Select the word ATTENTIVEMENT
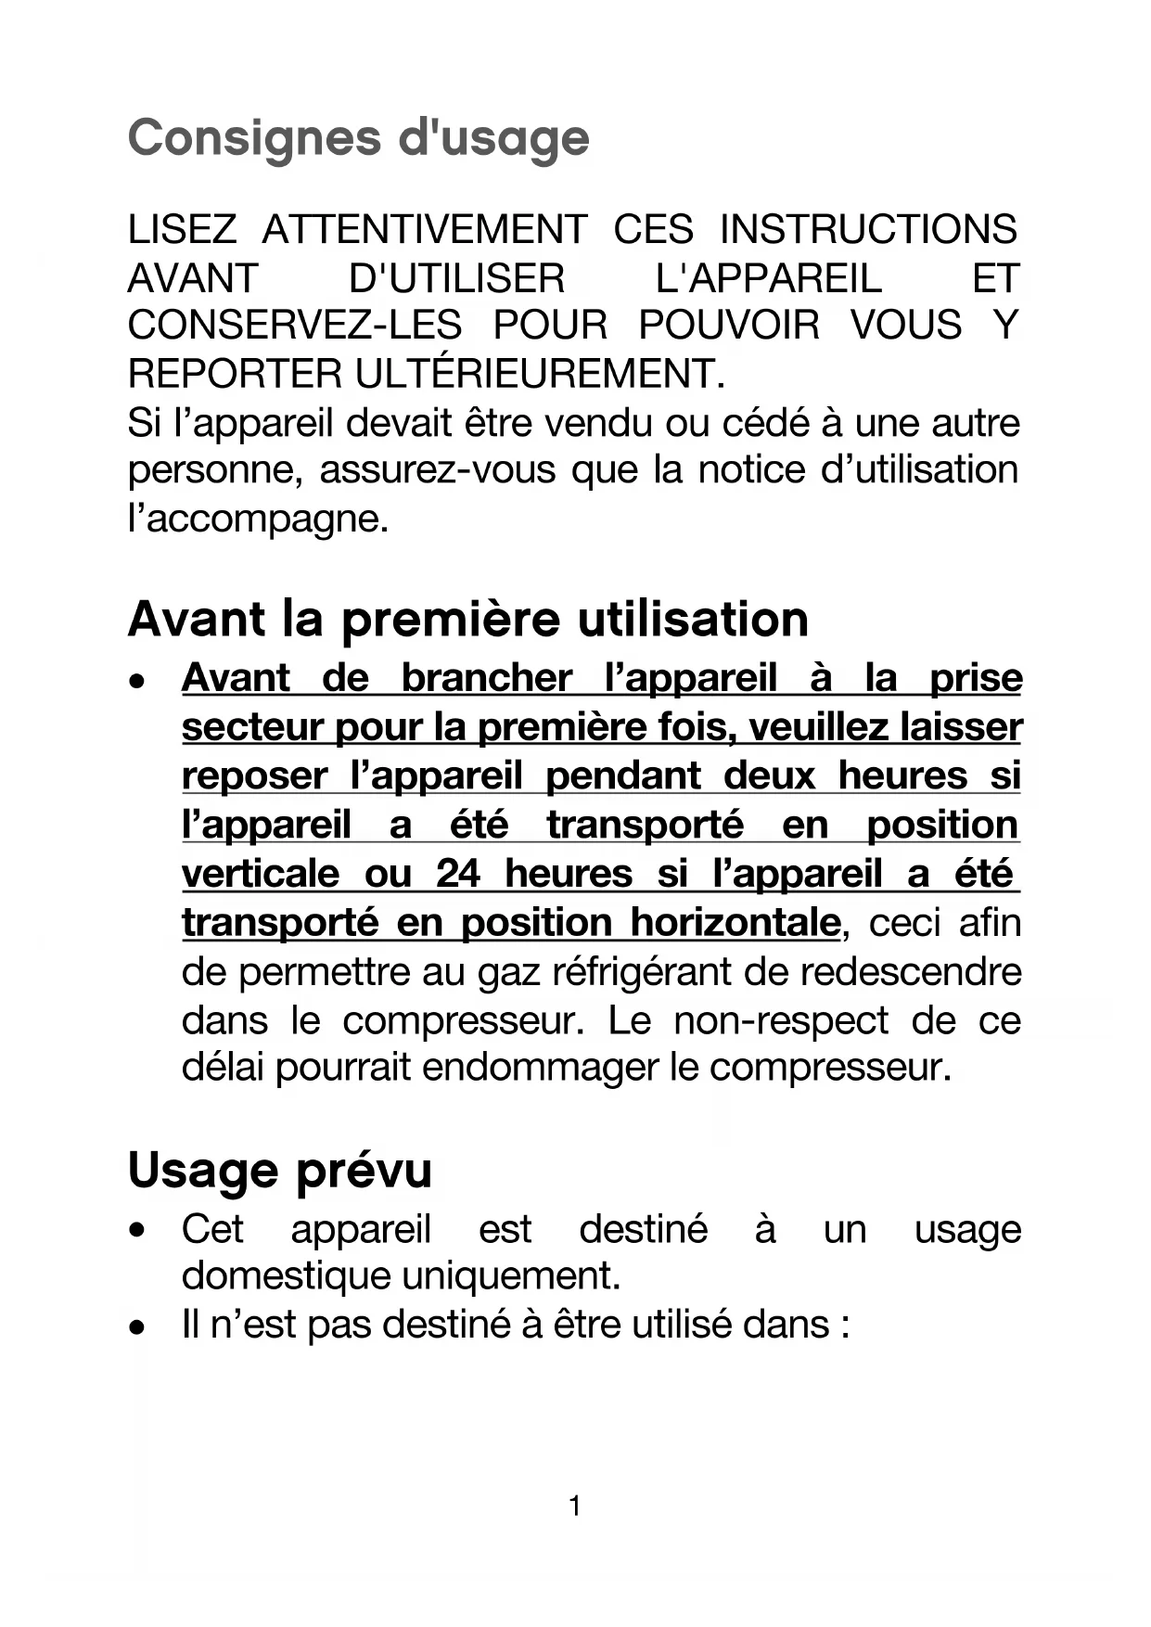[424, 230]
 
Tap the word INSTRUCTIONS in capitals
[868, 230]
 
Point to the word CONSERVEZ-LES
[295, 326]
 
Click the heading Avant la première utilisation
[468, 619]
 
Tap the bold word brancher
[487, 678]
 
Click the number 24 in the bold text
[458, 874]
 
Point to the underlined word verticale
[261, 874]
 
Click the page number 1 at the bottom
[575, 1505]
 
